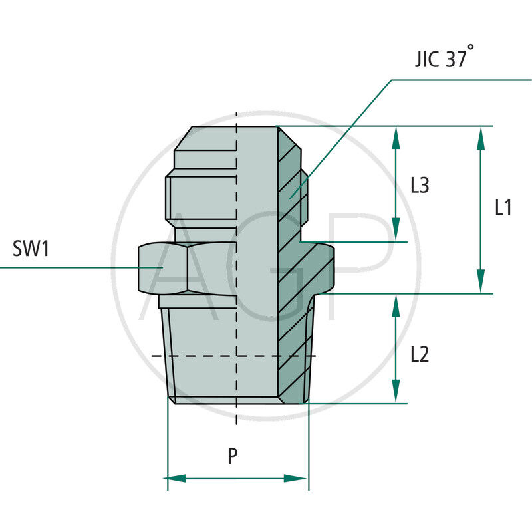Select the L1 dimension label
pyautogui.click(x=503, y=208)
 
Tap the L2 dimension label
pyautogui.click(x=419, y=355)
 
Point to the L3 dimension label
pyautogui.click(x=419, y=185)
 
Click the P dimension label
pyautogui.click(x=232, y=456)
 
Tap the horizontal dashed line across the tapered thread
pyautogui.click(x=199, y=356)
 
